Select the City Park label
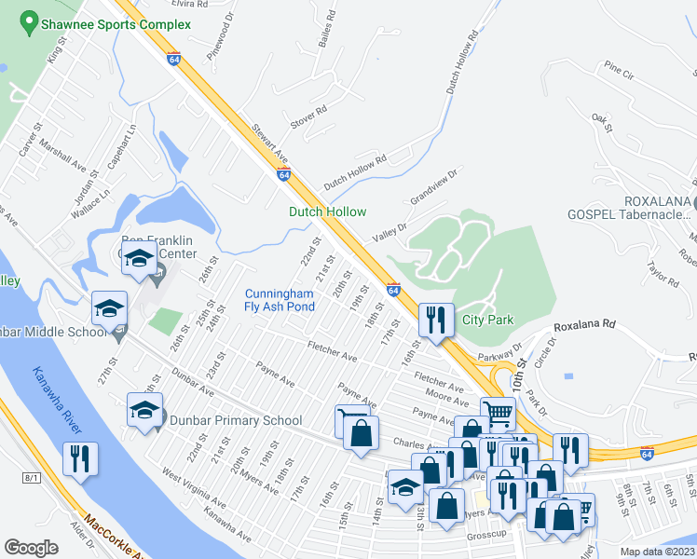(x=487, y=320)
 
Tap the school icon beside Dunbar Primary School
(x=144, y=410)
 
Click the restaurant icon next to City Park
(x=435, y=320)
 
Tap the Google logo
(x=33, y=547)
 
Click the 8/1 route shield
(x=33, y=477)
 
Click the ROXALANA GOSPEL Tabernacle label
(x=631, y=207)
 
